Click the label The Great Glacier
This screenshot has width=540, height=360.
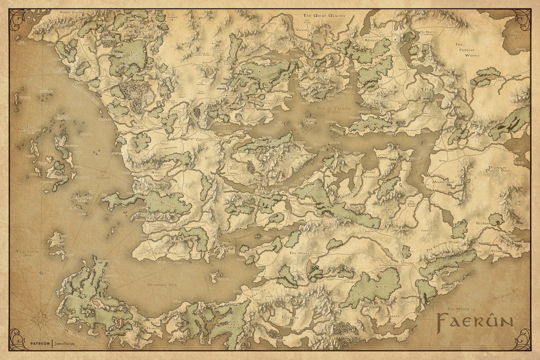tap(324, 16)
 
